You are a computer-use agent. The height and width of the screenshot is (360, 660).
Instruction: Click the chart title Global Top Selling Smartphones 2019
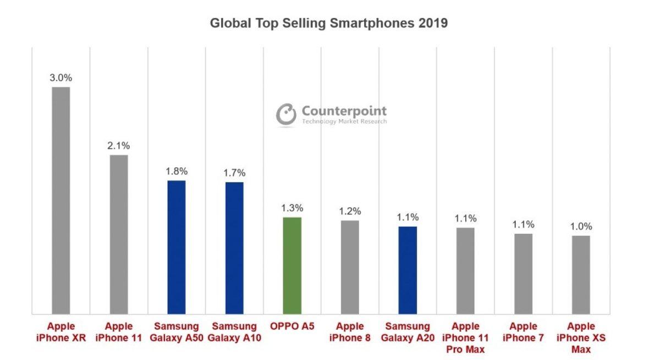[x=329, y=24]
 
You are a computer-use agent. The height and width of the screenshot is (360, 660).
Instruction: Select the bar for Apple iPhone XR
[x=61, y=201]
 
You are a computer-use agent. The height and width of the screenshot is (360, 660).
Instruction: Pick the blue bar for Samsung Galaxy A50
[x=177, y=247]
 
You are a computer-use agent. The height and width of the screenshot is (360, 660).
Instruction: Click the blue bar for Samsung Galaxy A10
[x=234, y=248]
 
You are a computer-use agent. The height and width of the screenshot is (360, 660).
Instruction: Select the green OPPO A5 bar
[x=292, y=266]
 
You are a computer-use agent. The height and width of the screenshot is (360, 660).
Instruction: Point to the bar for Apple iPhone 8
[x=350, y=268]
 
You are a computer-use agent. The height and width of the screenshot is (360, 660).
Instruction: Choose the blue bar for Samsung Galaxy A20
[x=408, y=270]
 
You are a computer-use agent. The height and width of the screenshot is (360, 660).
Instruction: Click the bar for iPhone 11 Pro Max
[x=465, y=271]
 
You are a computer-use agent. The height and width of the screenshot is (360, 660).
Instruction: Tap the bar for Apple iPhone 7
[x=523, y=274]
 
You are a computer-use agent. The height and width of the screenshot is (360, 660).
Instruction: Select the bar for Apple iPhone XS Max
[x=581, y=275]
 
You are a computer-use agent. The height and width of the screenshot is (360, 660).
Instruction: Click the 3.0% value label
[x=61, y=78]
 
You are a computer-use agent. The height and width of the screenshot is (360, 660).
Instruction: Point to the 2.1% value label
[x=119, y=146]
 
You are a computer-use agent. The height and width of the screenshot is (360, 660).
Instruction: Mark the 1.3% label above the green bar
[x=292, y=208]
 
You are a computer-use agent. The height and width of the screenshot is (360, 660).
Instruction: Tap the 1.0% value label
[x=581, y=226]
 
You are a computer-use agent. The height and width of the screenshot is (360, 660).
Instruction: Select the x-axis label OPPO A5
[x=292, y=326]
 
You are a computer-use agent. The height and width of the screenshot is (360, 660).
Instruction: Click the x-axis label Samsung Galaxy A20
[x=408, y=332]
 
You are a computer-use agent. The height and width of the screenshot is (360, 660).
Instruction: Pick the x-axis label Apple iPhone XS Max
[x=581, y=338]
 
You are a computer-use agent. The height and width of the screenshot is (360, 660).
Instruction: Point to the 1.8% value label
[x=177, y=171]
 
